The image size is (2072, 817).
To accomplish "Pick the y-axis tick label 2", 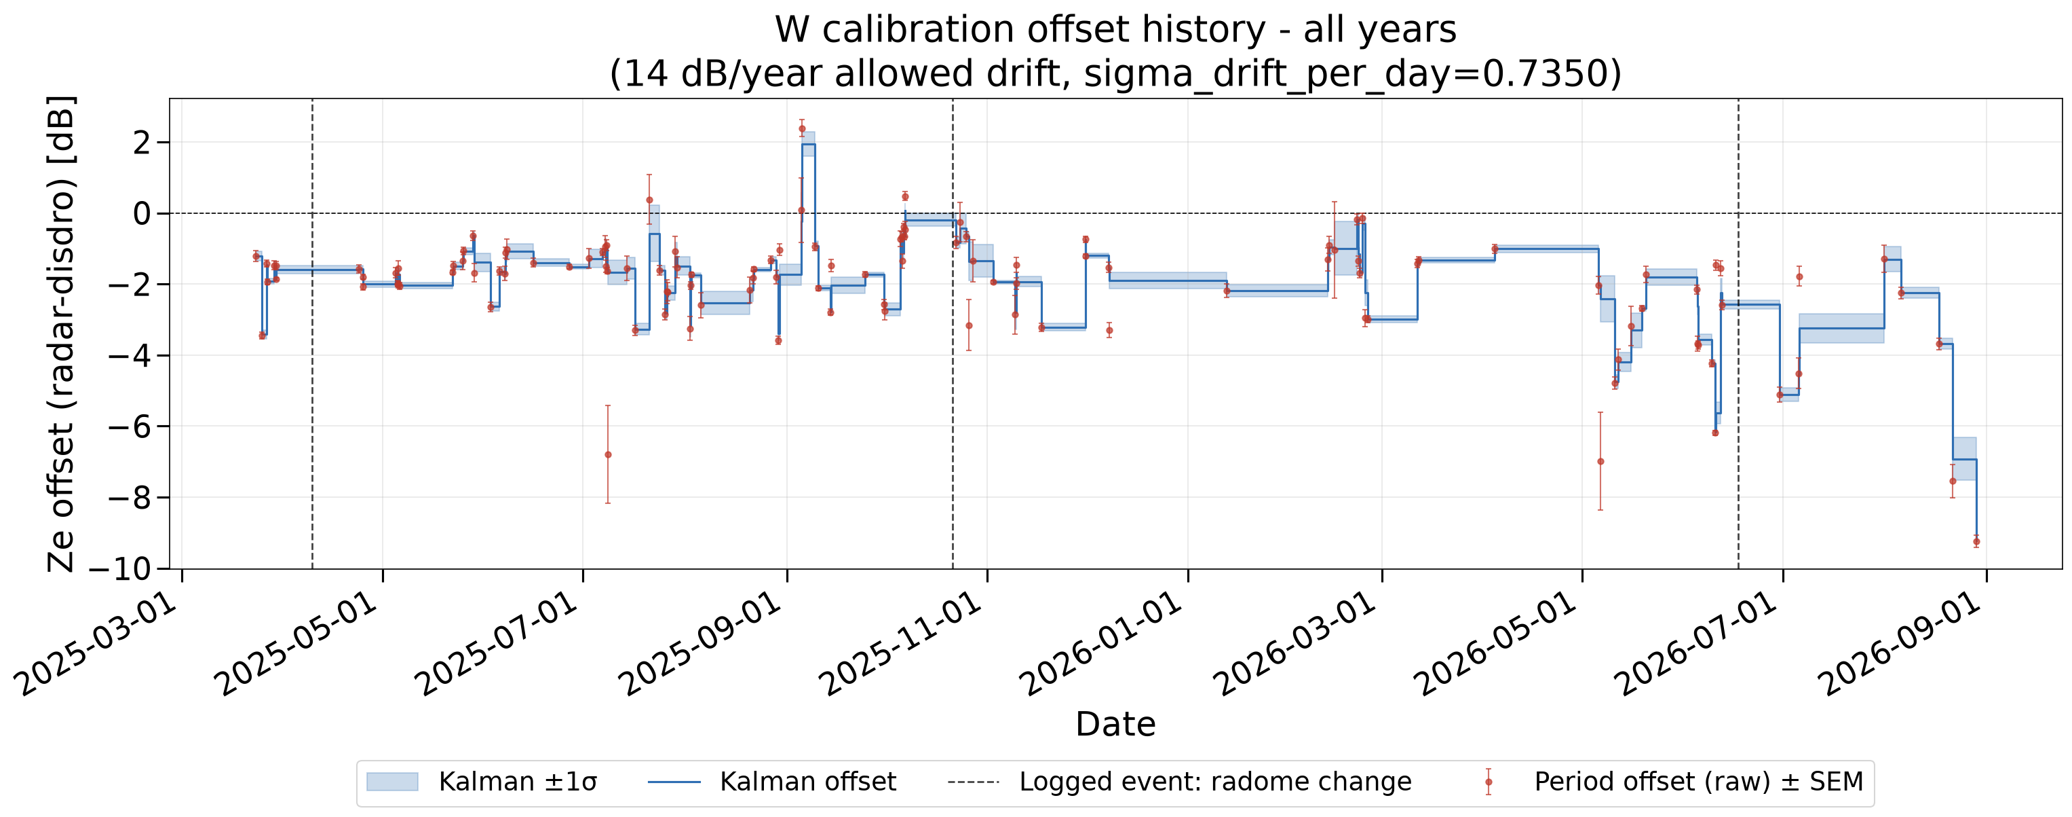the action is click(142, 143).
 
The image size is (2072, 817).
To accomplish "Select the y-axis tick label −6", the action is click(130, 426).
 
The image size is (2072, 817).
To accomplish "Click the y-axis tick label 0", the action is click(142, 213).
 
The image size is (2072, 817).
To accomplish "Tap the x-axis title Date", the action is click(1115, 725).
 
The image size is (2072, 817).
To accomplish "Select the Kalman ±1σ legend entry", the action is click(481, 782).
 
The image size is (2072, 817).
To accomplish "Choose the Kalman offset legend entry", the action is click(771, 782).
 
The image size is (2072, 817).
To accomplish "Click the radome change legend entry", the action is click(1180, 782).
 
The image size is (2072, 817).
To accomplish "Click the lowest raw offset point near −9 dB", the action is click(1976, 542).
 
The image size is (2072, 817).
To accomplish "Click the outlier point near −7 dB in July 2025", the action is click(608, 455).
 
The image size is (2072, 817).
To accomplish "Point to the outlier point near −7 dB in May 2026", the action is click(1600, 461).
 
